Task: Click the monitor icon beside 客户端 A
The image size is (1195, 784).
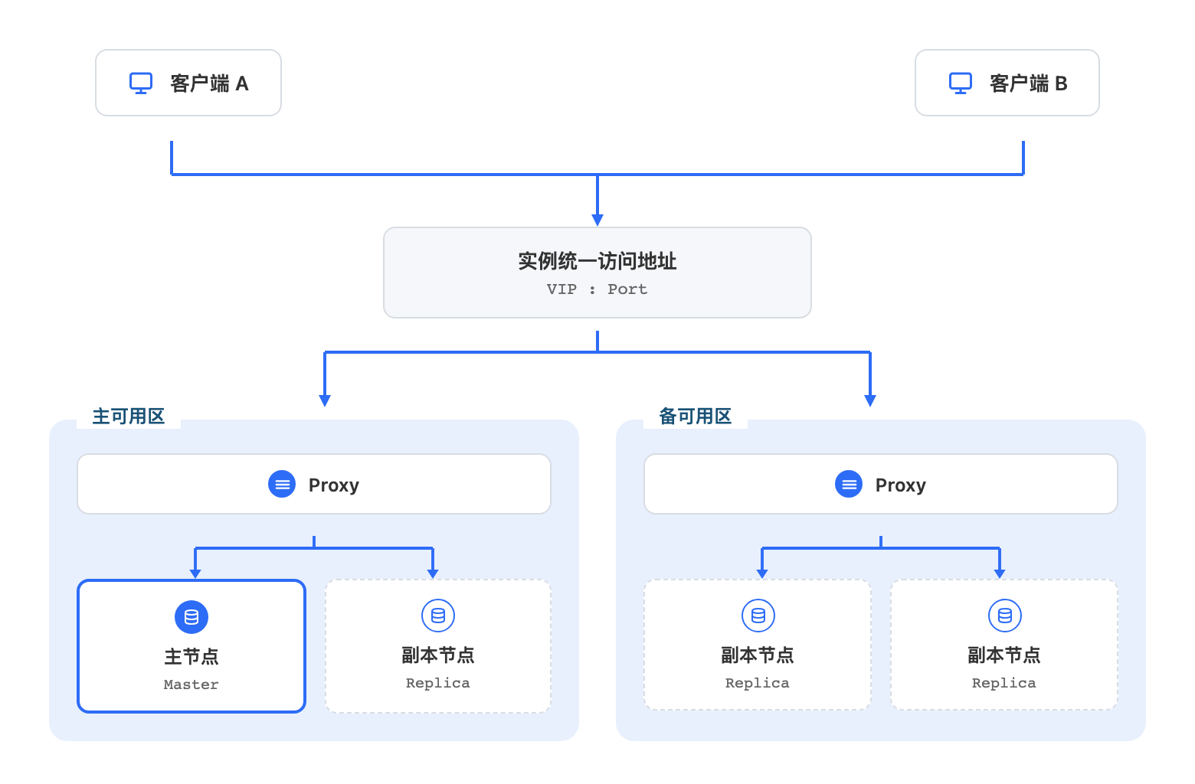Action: pos(141,83)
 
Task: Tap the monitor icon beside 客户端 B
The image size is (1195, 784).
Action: pos(961,83)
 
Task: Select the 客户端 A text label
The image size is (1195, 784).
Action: pos(209,83)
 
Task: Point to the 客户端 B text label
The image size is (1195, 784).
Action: pos(1029,83)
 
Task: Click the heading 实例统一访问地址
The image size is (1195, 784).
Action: pos(597,261)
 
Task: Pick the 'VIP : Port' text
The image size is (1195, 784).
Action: pos(597,289)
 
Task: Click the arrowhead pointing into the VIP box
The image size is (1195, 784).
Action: pos(597,220)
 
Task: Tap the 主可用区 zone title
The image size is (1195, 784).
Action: pos(129,416)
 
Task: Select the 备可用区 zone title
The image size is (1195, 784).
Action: pos(695,416)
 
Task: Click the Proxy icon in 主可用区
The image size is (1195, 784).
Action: pos(282,484)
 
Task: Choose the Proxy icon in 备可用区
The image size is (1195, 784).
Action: pos(848,484)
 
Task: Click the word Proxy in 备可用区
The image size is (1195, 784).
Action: pos(901,485)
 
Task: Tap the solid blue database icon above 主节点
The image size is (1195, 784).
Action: pos(192,617)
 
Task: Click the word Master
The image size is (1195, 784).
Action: pos(191,684)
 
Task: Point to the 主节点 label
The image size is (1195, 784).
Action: pos(192,657)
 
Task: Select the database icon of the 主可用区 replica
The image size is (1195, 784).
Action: pos(438,616)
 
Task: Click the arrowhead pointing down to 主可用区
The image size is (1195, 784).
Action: pos(325,400)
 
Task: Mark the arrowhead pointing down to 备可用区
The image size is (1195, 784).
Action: pos(870,400)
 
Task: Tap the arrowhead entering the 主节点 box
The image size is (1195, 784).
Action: pos(195,573)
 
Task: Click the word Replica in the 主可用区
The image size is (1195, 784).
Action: pos(438,683)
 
